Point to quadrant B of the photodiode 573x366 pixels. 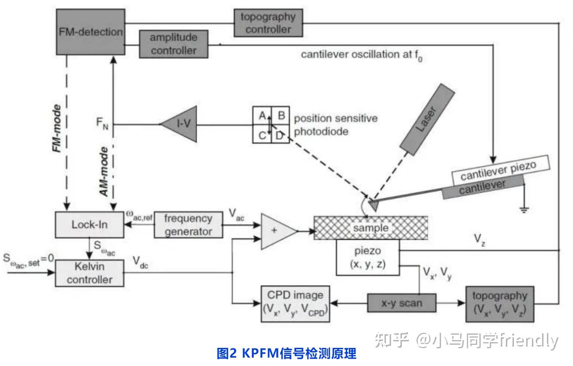coord(282,116)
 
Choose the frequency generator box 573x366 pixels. coord(187,224)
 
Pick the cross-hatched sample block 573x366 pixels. coord(370,228)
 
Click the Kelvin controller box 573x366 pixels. coord(90,273)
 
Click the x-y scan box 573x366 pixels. coord(401,303)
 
